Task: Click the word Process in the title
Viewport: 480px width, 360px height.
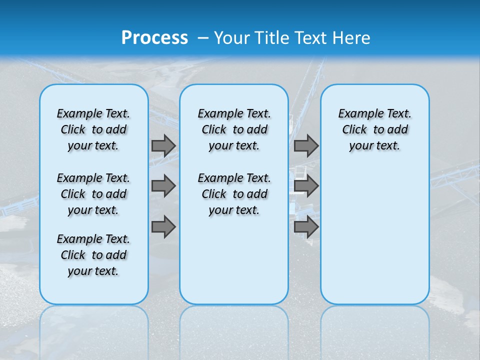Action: tap(154, 37)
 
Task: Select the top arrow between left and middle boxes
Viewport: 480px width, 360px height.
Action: tap(163, 145)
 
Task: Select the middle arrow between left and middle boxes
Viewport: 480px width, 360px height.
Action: tap(163, 186)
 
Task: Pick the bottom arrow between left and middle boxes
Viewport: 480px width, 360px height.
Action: tap(163, 227)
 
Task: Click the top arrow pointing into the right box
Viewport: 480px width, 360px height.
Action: tap(306, 145)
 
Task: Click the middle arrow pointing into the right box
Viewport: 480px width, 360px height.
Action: tap(306, 186)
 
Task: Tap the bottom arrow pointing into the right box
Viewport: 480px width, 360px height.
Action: tap(306, 227)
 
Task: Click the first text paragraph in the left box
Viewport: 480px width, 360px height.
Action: tap(93, 129)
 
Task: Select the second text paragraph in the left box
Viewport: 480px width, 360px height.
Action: tap(93, 194)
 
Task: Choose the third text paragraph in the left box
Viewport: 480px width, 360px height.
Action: tap(93, 255)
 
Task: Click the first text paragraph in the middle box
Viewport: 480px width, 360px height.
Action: tap(234, 129)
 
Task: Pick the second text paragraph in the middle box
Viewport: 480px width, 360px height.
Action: tap(234, 194)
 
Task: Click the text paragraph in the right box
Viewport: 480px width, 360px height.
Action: tap(374, 129)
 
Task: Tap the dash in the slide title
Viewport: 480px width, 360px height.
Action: tap(203, 37)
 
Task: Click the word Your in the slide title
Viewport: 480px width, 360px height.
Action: tap(231, 37)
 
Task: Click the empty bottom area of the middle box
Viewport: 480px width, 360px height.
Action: tap(234, 265)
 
